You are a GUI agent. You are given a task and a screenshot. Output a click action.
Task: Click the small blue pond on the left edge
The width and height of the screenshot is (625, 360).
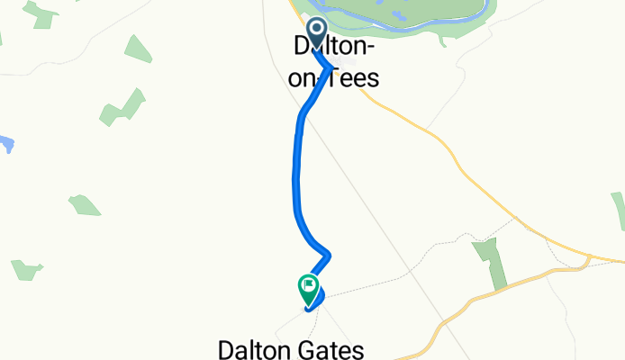pyautogui.click(x=5, y=143)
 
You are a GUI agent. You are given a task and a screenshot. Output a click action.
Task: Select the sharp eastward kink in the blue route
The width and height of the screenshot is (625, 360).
pyautogui.click(x=330, y=253)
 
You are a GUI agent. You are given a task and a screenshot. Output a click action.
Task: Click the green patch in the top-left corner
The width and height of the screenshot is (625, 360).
pyautogui.click(x=41, y=13)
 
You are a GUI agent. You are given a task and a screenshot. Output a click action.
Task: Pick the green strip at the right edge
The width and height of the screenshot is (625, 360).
pyautogui.click(x=619, y=209)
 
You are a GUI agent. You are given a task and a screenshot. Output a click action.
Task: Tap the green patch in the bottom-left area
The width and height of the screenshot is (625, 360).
pyautogui.click(x=26, y=269)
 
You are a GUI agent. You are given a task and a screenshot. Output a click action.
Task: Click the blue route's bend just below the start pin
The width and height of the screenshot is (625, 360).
pyautogui.click(x=328, y=64)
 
